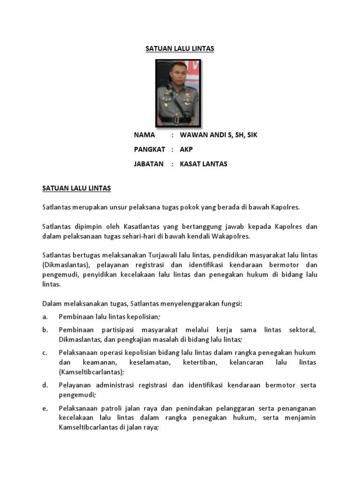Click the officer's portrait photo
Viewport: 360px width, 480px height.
click(x=178, y=93)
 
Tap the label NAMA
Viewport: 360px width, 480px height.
click(x=144, y=135)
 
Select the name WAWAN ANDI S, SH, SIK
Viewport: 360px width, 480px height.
click(x=218, y=135)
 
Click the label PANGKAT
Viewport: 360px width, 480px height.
click(x=150, y=150)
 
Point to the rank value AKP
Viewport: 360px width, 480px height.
click(x=186, y=150)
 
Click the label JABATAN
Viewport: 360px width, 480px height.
click(x=149, y=164)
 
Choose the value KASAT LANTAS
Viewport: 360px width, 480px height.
click(x=203, y=164)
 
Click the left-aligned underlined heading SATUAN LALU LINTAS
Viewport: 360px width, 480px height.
click(x=76, y=188)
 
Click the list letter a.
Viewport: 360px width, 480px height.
click(x=45, y=317)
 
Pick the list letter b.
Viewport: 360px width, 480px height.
click(x=45, y=330)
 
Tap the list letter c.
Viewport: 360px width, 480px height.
click(x=45, y=352)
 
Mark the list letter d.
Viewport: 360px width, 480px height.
click(x=45, y=385)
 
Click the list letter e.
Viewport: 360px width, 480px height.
click(x=45, y=408)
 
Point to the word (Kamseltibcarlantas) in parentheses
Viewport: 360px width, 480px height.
click(x=91, y=372)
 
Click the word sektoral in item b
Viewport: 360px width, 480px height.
click(x=303, y=330)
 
